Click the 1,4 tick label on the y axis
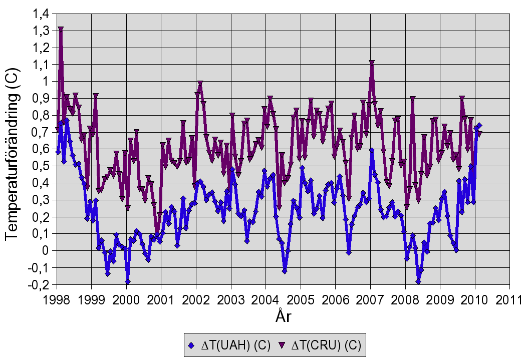tap(42, 15)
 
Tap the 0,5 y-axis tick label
tap(42, 166)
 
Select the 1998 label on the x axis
tap(57, 299)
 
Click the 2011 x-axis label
tap(509, 299)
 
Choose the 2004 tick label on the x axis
tap(266, 299)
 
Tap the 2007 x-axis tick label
tap(370, 299)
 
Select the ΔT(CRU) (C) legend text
tap(326, 345)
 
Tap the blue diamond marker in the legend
tap(191, 345)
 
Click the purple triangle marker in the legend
tap(281, 345)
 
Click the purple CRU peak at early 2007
tap(372, 63)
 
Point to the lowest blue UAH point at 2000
tap(128, 281)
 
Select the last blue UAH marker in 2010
tap(479, 125)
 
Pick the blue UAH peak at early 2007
tap(372, 150)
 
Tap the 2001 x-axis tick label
tap(161, 299)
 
